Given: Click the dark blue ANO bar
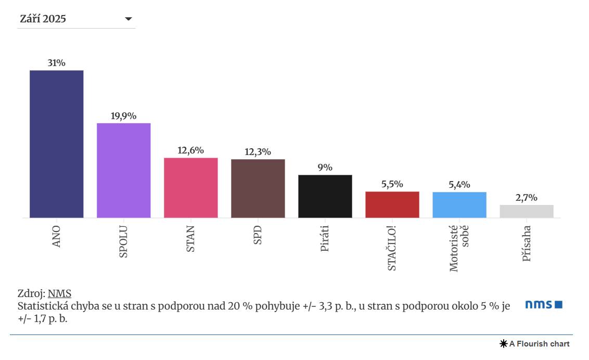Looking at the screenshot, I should tap(56, 144).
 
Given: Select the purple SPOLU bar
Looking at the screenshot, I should tap(123, 171).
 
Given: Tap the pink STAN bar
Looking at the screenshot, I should tap(190, 188).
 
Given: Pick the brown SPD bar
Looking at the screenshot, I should tap(258, 188).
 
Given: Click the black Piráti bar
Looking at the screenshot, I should tap(325, 196).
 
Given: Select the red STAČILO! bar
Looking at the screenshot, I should tap(392, 204).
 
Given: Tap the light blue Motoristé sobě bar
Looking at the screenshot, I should tap(459, 205).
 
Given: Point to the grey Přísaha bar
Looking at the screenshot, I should tap(526, 211).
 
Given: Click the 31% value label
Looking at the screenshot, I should tap(56, 63).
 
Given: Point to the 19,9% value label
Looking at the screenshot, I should tap(123, 116).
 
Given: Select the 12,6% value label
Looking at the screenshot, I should tap(190, 150).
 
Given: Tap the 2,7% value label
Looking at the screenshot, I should tap(526, 198).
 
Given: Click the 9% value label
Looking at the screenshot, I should tap(325, 168).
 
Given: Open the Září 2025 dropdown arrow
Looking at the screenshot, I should tap(129, 19).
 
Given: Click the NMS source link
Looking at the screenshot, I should tap(59, 293).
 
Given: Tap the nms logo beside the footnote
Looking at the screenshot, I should tap(543, 304).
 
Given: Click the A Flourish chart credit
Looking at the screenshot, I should tap(535, 344).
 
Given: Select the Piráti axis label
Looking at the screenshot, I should tap(325, 239).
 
